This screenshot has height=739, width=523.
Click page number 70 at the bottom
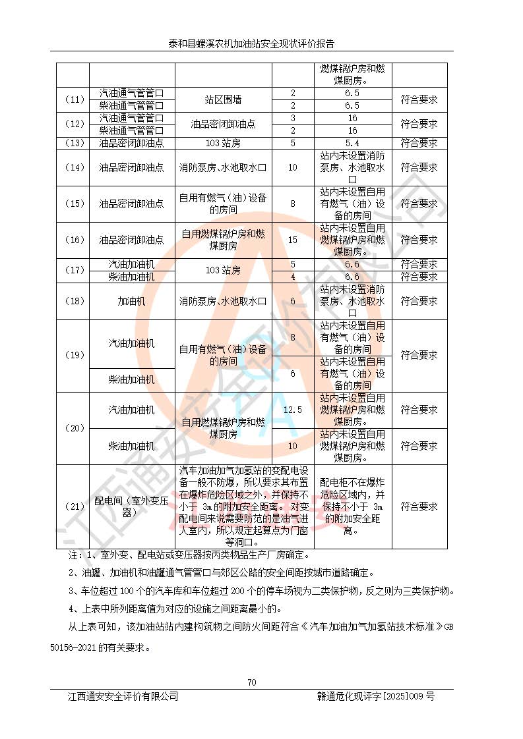[x=251, y=682]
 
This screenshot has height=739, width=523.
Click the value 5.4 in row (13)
[x=352, y=143]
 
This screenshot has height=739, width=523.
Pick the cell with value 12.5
[x=292, y=410]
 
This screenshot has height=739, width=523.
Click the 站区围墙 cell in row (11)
[x=223, y=99]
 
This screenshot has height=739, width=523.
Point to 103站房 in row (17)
[x=223, y=270]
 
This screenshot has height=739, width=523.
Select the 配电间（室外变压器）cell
[x=131, y=506]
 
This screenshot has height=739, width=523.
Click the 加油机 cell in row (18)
[x=131, y=302]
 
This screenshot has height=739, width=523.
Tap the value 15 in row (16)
[x=292, y=240]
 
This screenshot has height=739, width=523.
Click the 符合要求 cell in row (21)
[x=419, y=506]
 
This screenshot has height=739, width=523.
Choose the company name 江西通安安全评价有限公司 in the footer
[x=123, y=696]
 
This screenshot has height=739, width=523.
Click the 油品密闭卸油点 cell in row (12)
[x=223, y=123]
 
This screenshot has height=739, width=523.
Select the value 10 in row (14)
[x=292, y=167]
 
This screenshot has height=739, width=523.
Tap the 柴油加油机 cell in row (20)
[x=131, y=446]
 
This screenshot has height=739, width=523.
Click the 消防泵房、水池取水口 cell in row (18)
[x=223, y=302]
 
